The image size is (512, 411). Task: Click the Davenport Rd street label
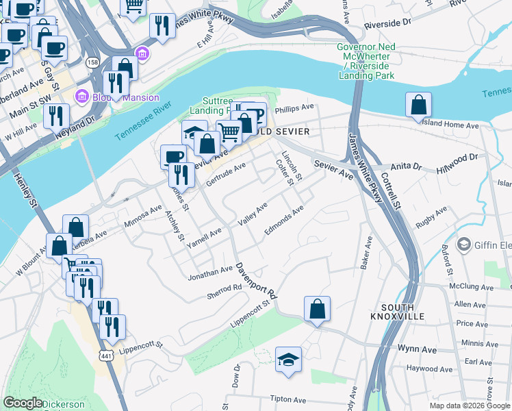(257, 282)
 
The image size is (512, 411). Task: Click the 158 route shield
(92, 62)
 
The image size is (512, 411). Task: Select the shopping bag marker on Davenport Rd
(317, 310)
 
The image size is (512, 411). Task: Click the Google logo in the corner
(23, 403)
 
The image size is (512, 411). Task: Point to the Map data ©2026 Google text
(470, 406)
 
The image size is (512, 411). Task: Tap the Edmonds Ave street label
(283, 220)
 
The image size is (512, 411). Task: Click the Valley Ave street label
(252, 215)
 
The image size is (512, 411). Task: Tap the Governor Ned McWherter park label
(366, 61)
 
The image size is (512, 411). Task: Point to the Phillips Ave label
(294, 108)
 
